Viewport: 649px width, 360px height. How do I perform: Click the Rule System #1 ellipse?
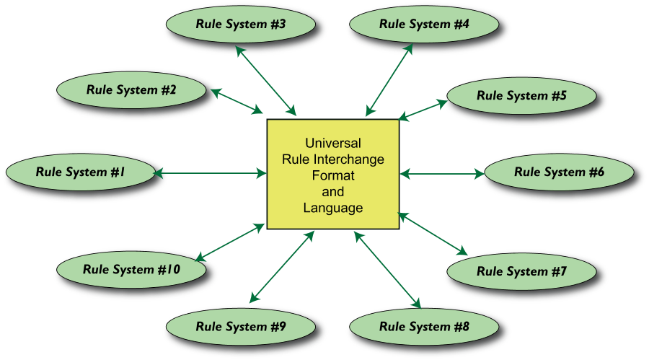pyautogui.click(x=80, y=172)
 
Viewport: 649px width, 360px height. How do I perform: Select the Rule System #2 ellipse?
pyautogui.click(x=131, y=90)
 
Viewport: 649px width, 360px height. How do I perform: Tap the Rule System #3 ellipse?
pyautogui.click(x=241, y=24)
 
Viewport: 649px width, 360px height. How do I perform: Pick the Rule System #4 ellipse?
pyautogui.click(x=424, y=24)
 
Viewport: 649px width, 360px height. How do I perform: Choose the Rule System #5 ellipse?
pyautogui.click(x=521, y=95)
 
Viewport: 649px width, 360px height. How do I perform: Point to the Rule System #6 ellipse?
pyautogui.click(x=559, y=172)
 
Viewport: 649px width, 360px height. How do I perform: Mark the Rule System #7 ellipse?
pyautogui.click(x=521, y=271)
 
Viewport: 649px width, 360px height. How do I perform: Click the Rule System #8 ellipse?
pyautogui.click(x=424, y=327)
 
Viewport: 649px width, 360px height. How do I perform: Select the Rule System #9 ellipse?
pyautogui.click(x=241, y=327)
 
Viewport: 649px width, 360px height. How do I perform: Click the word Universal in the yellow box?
pyautogui.click(x=332, y=143)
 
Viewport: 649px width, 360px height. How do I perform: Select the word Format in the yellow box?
pyautogui.click(x=332, y=175)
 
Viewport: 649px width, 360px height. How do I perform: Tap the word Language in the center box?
pyautogui.click(x=332, y=208)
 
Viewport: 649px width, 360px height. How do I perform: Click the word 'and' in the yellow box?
pyautogui.click(x=332, y=192)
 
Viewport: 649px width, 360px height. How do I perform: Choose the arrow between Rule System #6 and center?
pyautogui.click(x=442, y=173)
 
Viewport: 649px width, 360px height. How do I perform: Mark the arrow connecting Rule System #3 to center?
pyautogui.click(x=267, y=81)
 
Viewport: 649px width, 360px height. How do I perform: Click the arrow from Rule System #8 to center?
pyautogui.click(x=387, y=268)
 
